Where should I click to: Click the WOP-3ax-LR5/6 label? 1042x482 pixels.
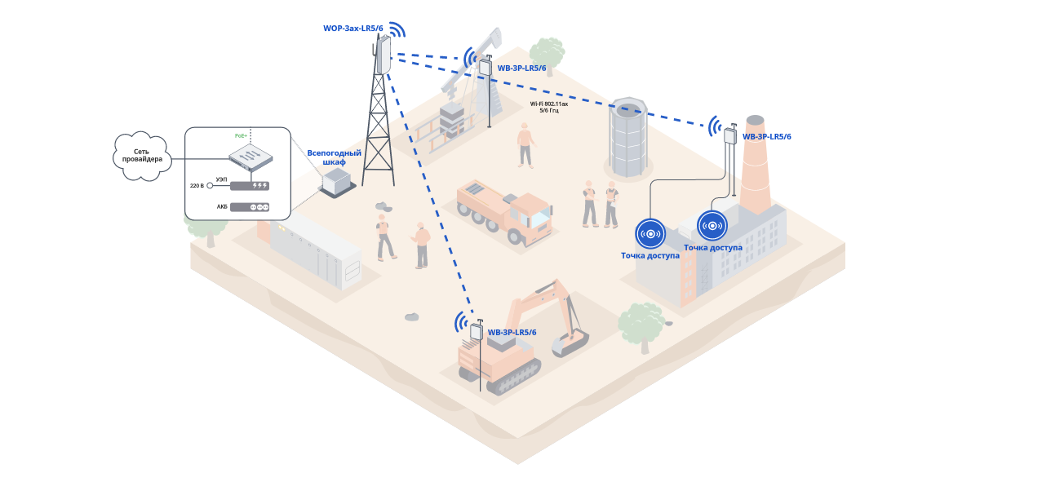click(x=353, y=29)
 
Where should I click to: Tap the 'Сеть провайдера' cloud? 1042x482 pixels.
click(x=142, y=155)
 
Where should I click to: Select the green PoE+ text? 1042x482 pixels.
click(x=240, y=135)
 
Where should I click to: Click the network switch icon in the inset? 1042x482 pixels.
click(x=250, y=157)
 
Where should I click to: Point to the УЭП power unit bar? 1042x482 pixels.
click(x=250, y=186)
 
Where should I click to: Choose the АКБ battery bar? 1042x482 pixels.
click(x=250, y=207)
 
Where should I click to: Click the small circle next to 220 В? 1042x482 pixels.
click(x=210, y=186)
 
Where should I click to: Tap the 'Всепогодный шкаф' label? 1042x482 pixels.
click(x=334, y=157)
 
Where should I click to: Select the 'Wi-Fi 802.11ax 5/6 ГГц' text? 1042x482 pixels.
click(x=548, y=107)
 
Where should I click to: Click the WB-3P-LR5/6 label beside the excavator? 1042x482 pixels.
click(x=512, y=333)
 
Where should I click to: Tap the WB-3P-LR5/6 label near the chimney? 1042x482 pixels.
click(x=766, y=137)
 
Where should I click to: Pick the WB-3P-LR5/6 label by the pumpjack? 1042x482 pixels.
click(x=521, y=69)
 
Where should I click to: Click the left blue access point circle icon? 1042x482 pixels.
click(x=650, y=234)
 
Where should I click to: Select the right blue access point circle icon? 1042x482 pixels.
click(x=712, y=226)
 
